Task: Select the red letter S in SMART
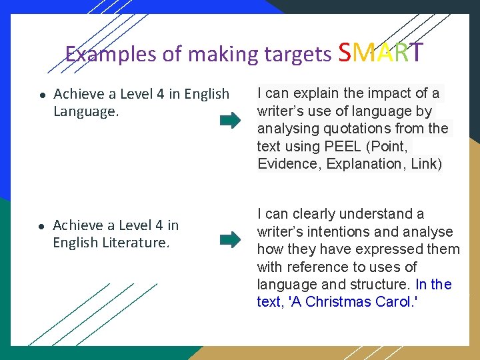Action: pyautogui.click(x=345, y=51)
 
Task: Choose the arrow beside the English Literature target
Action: pyautogui.click(x=231, y=239)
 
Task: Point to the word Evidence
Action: pyautogui.click(x=289, y=164)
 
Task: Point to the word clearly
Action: pyautogui.click(x=313, y=214)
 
